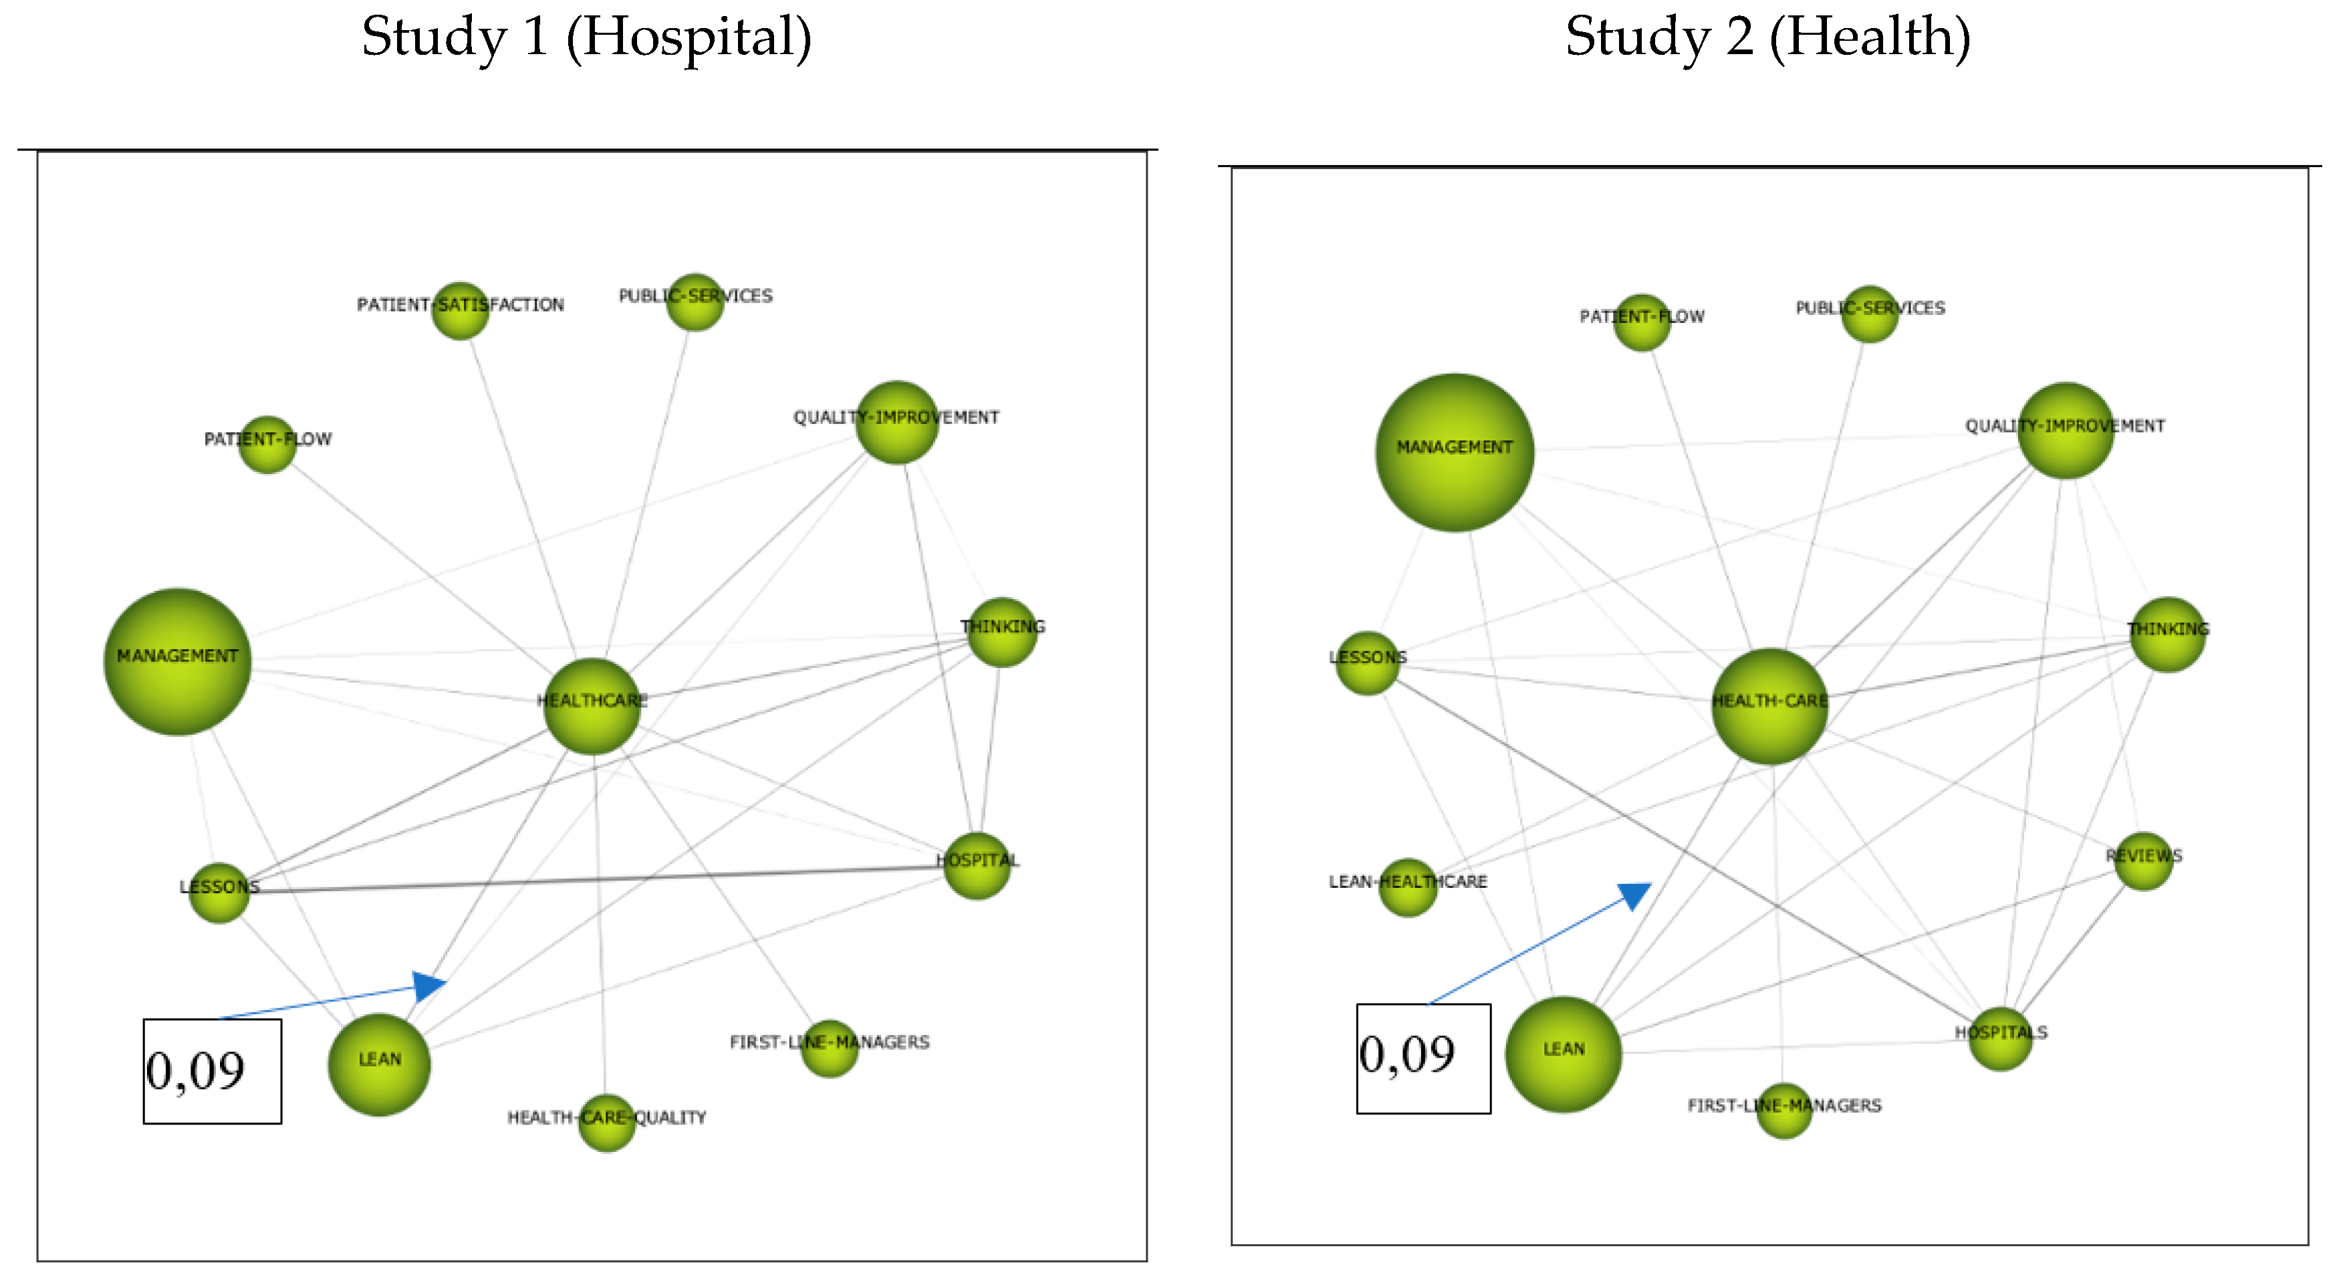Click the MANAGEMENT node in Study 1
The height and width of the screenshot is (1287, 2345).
[x=178, y=662]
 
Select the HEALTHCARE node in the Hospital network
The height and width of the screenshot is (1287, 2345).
[x=592, y=706]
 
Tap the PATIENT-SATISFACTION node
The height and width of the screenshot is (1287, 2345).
[x=460, y=310]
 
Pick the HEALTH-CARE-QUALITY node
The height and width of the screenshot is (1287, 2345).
[x=606, y=1123]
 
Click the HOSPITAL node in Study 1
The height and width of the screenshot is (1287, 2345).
[x=977, y=866]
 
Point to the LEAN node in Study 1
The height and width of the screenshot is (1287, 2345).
[x=379, y=1064]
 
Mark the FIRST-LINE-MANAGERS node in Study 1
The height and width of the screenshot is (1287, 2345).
[x=830, y=1048]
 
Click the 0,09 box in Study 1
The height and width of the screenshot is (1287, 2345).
[x=212, y=1071]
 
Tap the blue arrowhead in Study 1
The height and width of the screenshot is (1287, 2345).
[x=428, y=985]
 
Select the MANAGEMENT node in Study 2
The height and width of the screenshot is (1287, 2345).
[x=1454, y=453]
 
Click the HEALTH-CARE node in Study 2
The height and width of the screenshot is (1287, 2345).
[x=1769, y=706]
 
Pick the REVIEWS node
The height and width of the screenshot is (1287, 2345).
[x=2143, y=861]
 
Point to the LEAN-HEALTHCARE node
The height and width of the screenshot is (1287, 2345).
[x=1407, y=887]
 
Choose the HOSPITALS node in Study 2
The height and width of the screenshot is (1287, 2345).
[x=2000, y=1038]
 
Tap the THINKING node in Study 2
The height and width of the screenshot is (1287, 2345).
[x=2167, y=634]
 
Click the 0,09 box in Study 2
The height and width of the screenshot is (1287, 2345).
[x=1423, y=1058]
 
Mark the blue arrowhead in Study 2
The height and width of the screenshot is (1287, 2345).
[x=1635, y=895]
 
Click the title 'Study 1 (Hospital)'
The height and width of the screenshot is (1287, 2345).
[x=586, y=38]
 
